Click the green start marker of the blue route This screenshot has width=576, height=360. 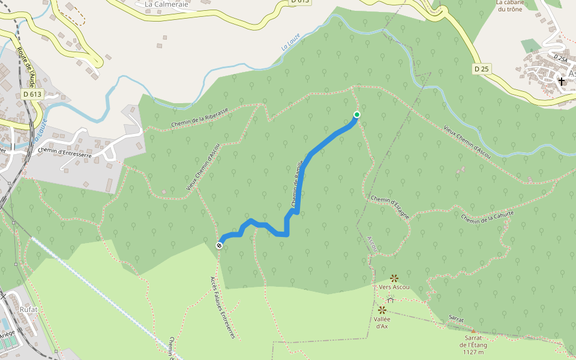[x=357, y=115]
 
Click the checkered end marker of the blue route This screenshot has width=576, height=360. [x=220, y=245]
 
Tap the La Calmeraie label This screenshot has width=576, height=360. [x=167, y=4]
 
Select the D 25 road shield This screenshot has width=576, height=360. [x=481, y=69]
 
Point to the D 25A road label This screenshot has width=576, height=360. [x=560, y=58]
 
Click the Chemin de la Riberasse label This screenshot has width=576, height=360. [x=200, y=118]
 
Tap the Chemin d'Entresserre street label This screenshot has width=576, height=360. [x=64, y=153]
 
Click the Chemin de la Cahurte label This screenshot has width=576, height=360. [x=488, y=217]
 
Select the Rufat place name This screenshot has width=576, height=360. [x=28, y=310]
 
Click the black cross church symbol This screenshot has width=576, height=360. [x=562, y=80]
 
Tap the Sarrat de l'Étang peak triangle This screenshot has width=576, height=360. [x=473, y=331]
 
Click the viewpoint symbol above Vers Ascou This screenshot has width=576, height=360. [x=394, y=278]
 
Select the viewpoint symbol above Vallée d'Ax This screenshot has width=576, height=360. [x=382, y=310]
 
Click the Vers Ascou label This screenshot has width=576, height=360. [x=394, y=287]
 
